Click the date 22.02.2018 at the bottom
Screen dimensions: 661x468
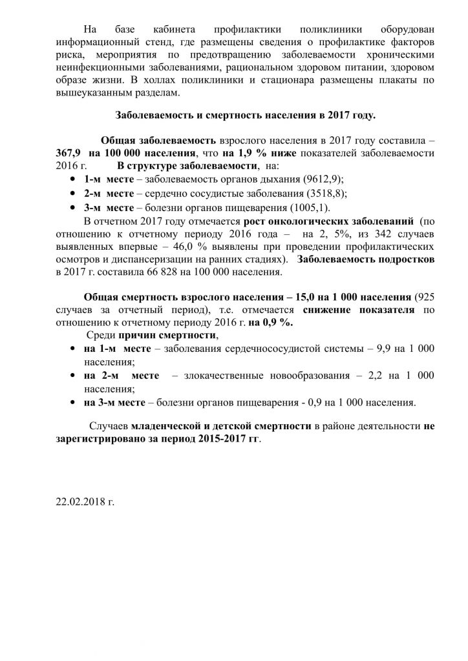pyautogui.click(x=84, y=500)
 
